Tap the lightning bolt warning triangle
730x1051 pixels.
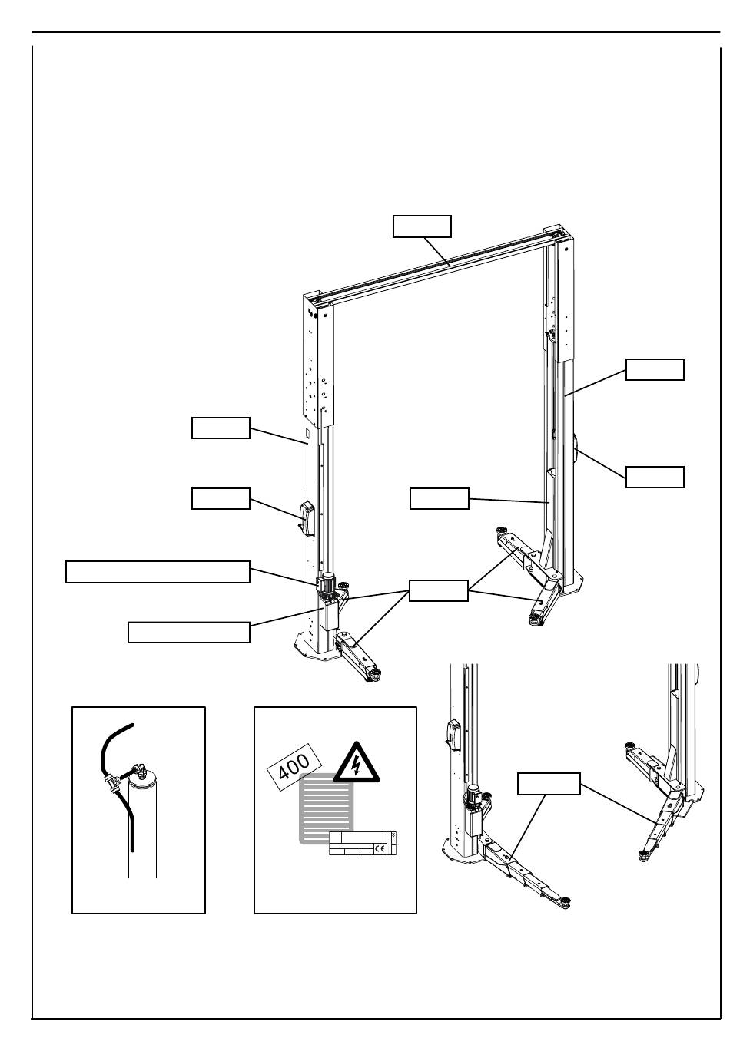click(355, 763)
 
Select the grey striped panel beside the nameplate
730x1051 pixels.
click(323, 806)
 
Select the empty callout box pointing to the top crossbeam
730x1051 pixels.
click(422, 226)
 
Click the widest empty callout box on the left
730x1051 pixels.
click(158, 572)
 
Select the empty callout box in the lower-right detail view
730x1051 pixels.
click(548, 784)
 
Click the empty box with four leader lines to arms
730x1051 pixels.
click(438, 590)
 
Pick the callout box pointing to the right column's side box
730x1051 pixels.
click(655, 477)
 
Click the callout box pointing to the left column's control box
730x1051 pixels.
click(221, 498)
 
